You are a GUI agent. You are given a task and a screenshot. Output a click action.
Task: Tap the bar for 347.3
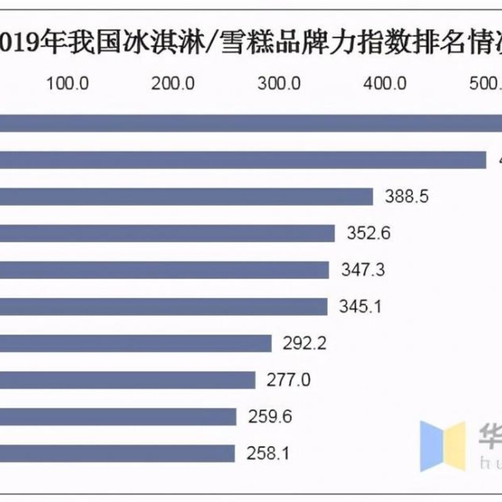[x=164, y=270]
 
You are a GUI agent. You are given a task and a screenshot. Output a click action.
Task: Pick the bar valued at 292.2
[x=136, y=343]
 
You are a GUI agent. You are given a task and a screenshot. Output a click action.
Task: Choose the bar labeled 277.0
[x=127, y=380]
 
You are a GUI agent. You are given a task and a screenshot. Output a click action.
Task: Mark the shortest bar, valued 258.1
[x=117, y=453]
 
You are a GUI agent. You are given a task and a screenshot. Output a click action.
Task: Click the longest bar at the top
[x=251, y=124]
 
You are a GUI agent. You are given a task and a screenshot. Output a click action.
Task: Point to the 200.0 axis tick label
[x=173, y=83]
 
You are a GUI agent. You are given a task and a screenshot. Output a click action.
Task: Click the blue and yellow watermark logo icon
[x=443, y=446]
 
